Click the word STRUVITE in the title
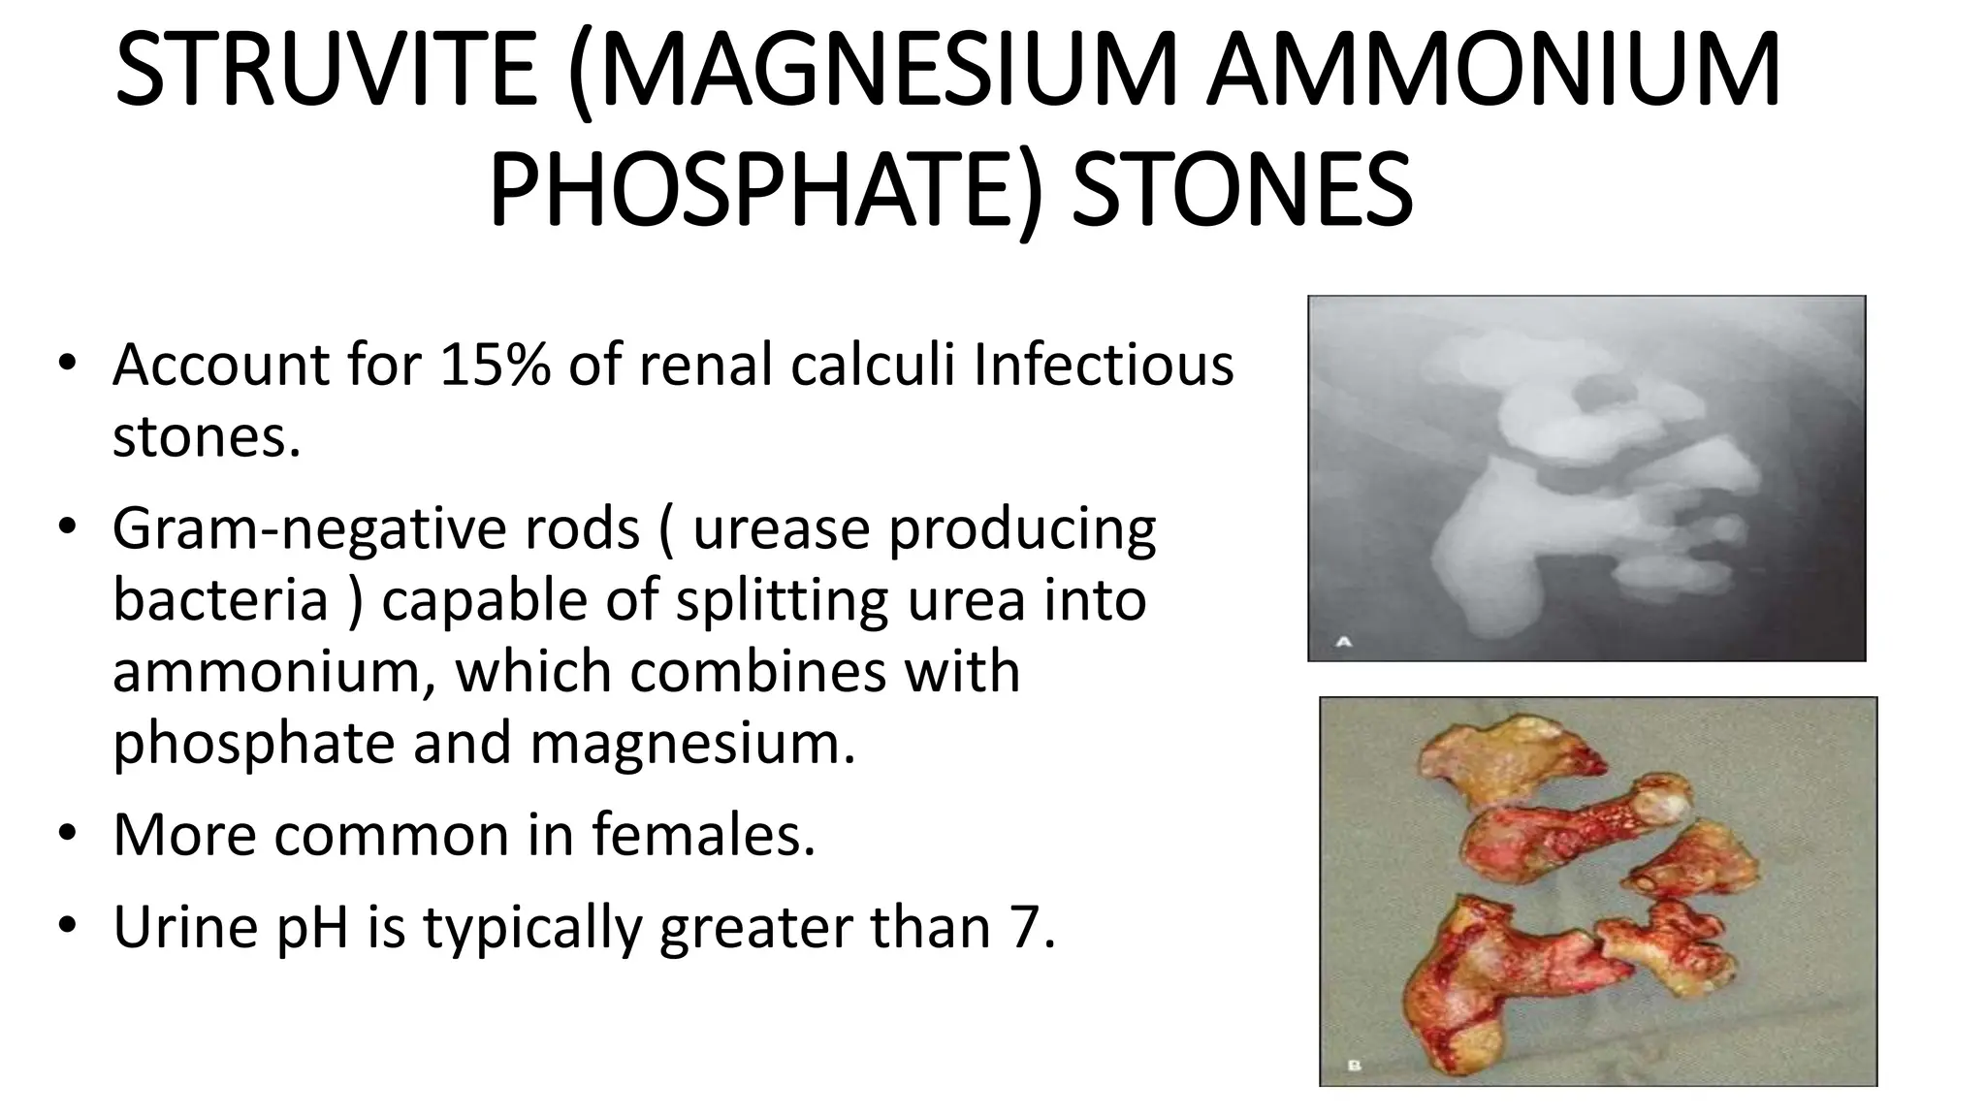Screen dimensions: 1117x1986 point(325,72)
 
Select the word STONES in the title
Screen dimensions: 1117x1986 point(1242,190)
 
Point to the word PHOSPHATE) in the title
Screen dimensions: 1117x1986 point(766,190)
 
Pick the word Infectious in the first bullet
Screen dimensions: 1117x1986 point(1103,366)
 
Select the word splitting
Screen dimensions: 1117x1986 point(782,601)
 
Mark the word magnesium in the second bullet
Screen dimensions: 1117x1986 point(692,744)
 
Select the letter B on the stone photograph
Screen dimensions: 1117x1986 point(1355,1067)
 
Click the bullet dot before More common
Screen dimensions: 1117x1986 point(66,835)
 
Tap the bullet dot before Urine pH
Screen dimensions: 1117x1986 point(66,927)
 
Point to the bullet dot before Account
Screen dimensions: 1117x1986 point(66,366)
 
